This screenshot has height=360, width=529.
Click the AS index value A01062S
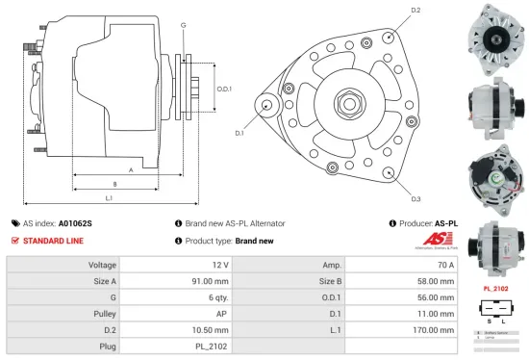77,222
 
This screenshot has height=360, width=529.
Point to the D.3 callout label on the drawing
416,199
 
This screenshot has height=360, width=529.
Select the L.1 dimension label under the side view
109,198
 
